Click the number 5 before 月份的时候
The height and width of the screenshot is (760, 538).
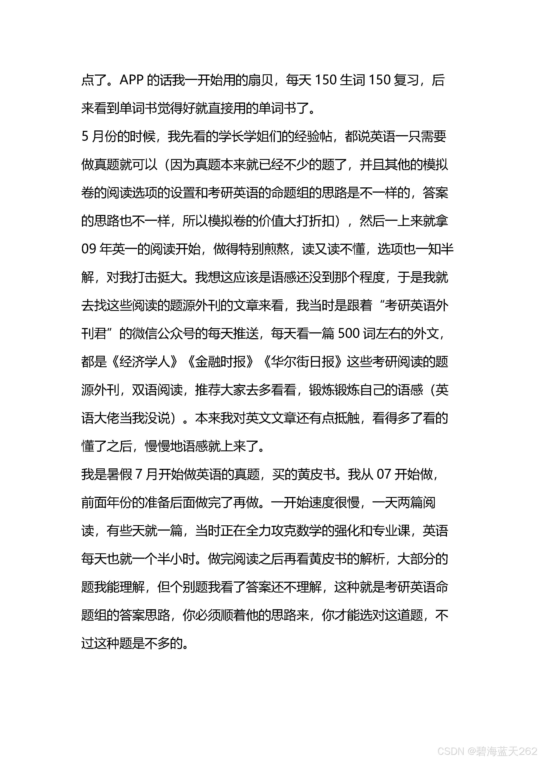click(85, 136)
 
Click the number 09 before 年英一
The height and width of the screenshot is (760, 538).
click(89, 249)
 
